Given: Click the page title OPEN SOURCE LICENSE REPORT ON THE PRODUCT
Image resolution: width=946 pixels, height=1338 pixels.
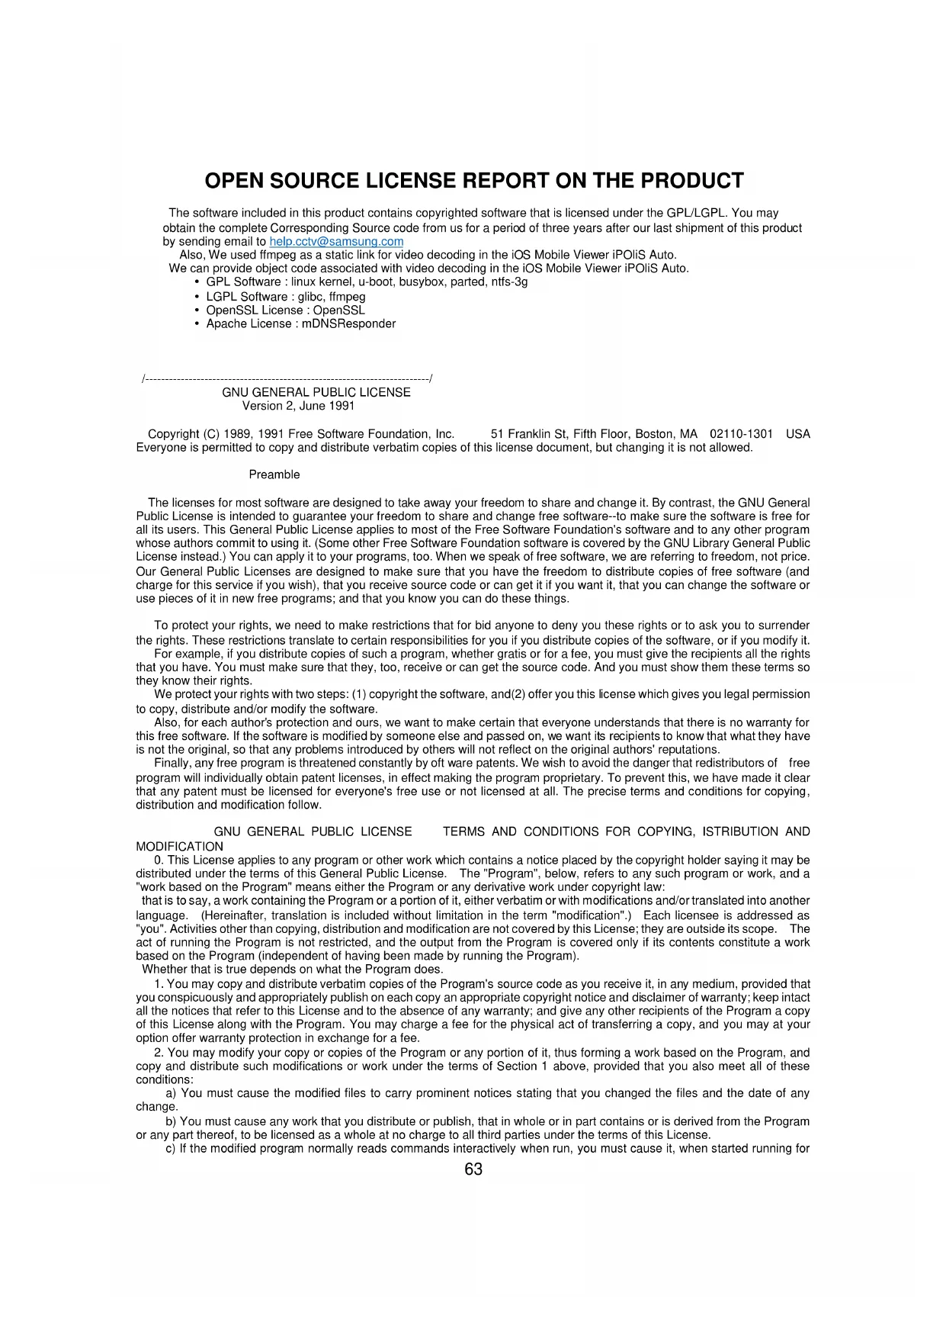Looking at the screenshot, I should (x=473, y=181).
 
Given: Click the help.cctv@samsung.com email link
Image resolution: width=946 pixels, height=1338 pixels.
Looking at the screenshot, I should (x=336, y=242).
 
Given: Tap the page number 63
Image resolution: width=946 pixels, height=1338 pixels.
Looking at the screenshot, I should (x=473, y=1169).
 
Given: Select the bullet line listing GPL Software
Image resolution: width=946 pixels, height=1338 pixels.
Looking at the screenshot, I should (x=367, y=282).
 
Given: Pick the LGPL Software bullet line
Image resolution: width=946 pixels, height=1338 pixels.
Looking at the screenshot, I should (x=286, y=297).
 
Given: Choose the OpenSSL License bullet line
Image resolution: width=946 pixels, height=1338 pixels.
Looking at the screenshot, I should (x=286, y=310).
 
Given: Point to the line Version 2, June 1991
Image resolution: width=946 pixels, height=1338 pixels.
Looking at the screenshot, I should (x=298, y=406).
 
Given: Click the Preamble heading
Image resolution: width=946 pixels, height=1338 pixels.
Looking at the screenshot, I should (x=274, y=474).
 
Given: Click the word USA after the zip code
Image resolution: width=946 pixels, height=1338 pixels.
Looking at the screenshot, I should (x=797, y=434).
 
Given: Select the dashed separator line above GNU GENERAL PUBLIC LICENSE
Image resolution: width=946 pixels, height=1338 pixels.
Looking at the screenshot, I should (x=287, y=378).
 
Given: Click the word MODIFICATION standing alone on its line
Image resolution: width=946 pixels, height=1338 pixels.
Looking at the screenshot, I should (x=179, y=847).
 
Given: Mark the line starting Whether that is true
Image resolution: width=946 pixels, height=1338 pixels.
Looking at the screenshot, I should (x=292, y=970).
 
